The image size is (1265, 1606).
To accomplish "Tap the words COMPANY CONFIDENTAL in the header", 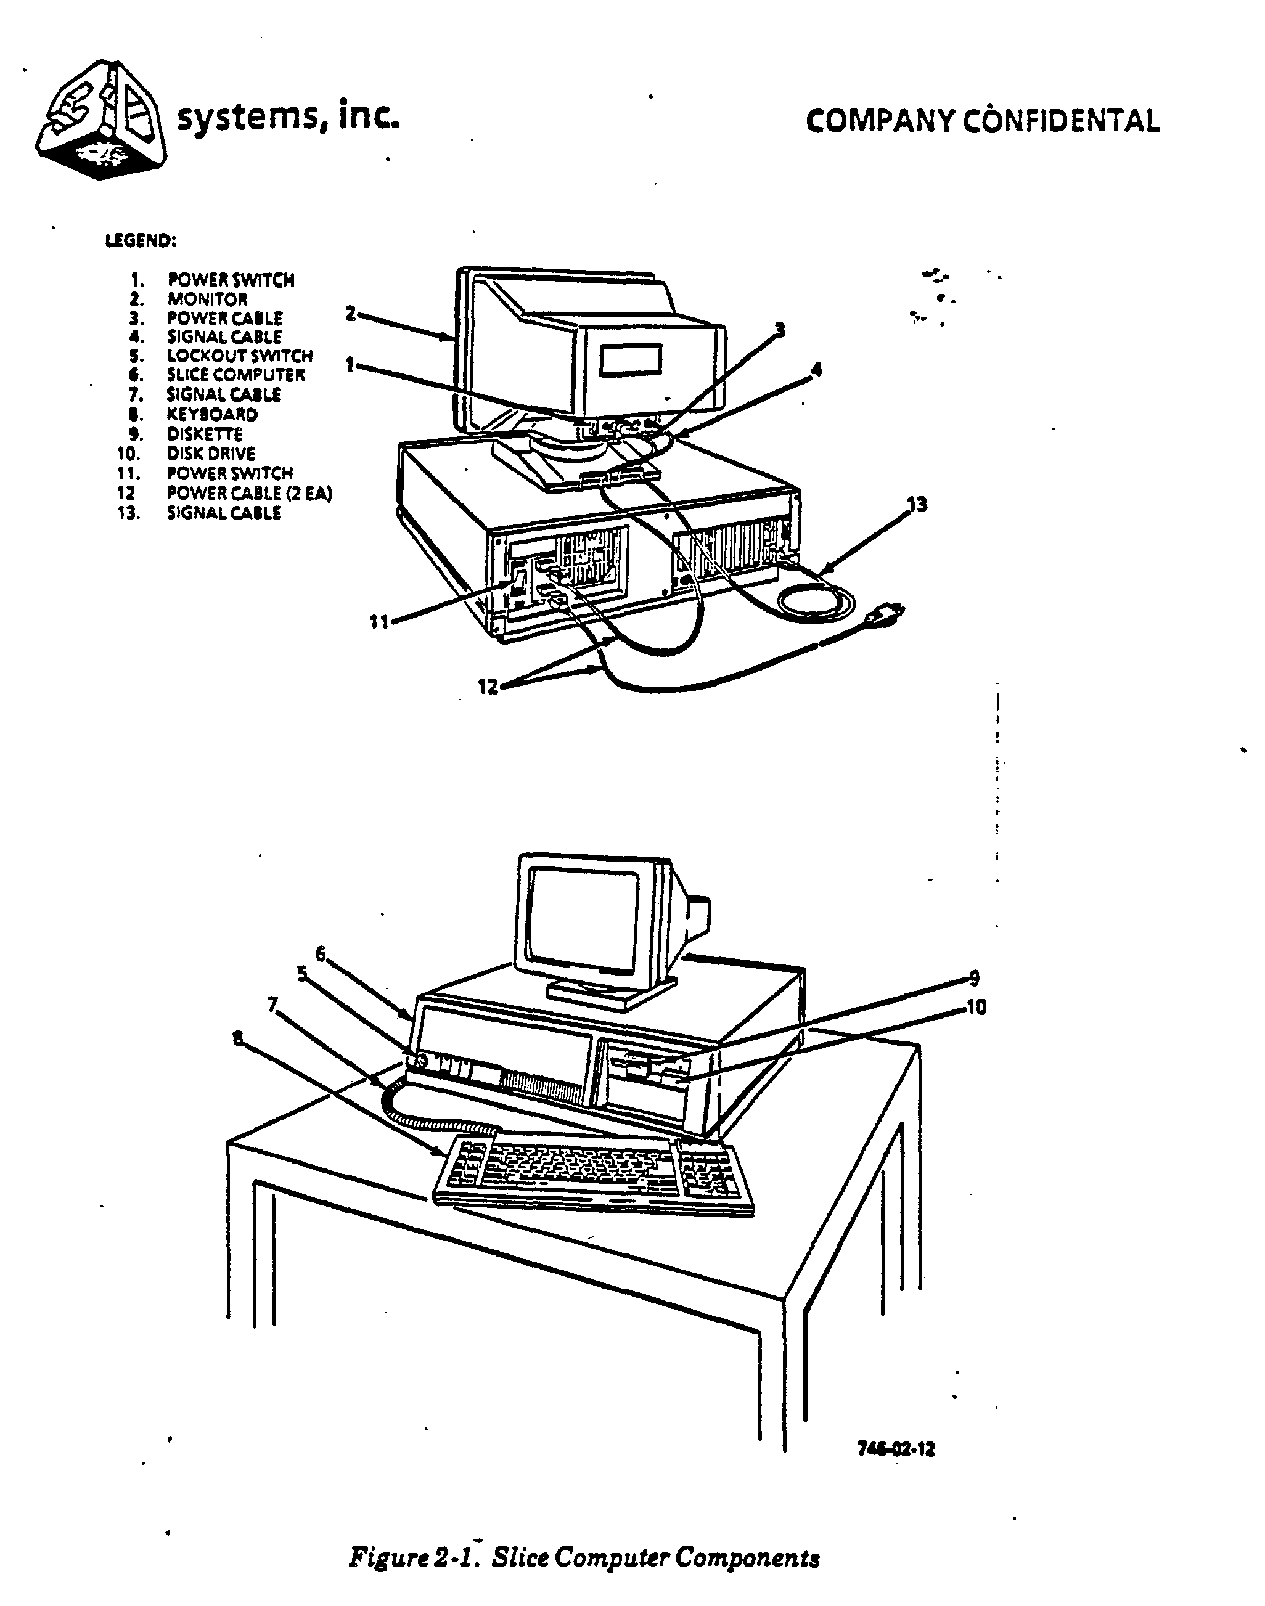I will (x=982, y=121).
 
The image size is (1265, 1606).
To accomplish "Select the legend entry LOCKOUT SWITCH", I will (x=239, y=356).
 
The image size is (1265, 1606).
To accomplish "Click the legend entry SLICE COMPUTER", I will (x=235, y=375).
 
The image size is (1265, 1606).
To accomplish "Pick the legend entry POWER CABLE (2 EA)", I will (x=249, y=493).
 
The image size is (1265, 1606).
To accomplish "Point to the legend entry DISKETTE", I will (x=205, y=434).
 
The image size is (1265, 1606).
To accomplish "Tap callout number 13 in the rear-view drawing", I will (x=917, y=505).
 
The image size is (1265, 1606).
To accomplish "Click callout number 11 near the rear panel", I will (x=379, y=622).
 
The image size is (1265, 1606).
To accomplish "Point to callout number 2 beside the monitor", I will (x=351, y=314).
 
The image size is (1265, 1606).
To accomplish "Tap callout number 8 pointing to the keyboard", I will (x=237, y=1039).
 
